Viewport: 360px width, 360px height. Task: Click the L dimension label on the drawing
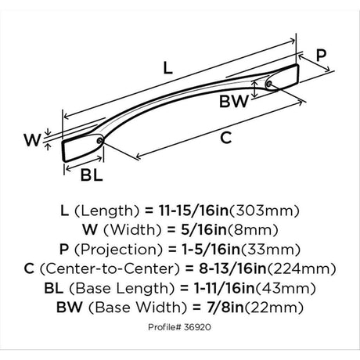point(167,68)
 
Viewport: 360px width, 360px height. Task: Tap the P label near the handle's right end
point(321,55)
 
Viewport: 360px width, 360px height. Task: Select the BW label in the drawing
point(234,101)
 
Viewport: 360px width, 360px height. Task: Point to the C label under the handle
point(226,138)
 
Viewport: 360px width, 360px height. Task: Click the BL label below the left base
point(92,175)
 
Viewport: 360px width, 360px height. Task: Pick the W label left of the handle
point(32,140)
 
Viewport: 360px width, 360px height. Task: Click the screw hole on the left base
point(99,141)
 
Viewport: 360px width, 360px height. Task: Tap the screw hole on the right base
point(269,84)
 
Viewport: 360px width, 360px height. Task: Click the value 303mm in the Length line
point(264,211)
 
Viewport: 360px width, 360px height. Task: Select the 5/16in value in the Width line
point(203,230)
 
